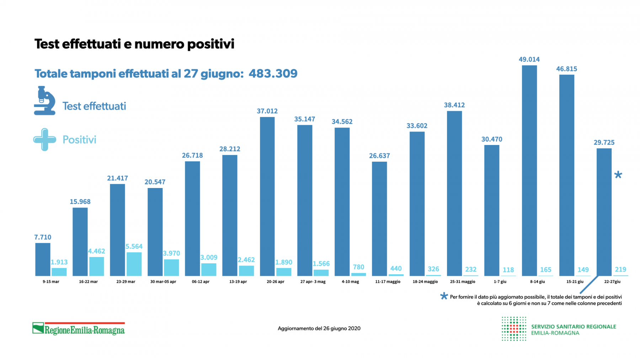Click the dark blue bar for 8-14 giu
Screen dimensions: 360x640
[x=529, y=171]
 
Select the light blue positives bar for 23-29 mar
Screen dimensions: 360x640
[x=134, y=264]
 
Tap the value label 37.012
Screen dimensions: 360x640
[x=267, y=111]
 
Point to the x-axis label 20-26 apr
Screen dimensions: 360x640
[x=275, y=281]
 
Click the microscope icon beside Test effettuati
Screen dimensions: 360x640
[x=45, y=101]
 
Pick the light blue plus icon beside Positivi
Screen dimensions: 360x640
[x=45, y=140]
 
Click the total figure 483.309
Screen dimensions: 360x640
[x=273, y=74]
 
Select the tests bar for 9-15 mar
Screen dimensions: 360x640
[x=43, y=259]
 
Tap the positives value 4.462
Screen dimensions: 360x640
[x=96, y=251]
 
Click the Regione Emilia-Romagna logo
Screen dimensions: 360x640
[x=79, y=329]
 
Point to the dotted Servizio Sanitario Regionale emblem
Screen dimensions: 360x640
[x=514, y=329]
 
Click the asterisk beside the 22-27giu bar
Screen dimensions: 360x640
[x=618, y=175]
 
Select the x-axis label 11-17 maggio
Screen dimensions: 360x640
[x=388, y=281]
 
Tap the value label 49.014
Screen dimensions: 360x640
[x=529, y=59]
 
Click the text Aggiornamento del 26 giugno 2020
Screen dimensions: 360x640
[x=319, y=328]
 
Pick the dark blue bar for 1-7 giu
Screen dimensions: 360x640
[x=492, y=210]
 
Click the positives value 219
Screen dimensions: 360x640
[x=620, y=269]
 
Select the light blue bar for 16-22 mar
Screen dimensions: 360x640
[x=96, y=266]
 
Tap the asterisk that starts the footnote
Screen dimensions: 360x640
[x=444, y=296]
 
